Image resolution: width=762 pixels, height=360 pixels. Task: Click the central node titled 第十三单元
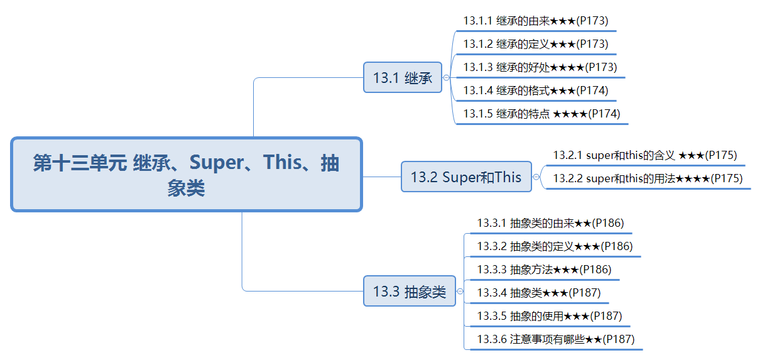[187, 174]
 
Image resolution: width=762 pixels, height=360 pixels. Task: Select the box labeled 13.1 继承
[403, 77]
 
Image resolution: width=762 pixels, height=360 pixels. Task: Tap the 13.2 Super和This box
[466, 177]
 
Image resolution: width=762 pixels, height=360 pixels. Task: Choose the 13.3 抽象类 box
[409, 292]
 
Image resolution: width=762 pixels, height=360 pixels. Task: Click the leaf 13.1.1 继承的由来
[536, 21]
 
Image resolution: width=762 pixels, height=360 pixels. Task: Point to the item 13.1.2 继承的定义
[536, 44]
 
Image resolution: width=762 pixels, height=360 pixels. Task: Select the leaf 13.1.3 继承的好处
[540, 67]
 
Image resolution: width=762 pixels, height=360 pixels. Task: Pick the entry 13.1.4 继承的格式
[536, 90]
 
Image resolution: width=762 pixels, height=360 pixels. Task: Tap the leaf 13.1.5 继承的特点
[542, 114]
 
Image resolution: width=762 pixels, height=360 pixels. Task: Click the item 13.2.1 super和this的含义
[645, 156]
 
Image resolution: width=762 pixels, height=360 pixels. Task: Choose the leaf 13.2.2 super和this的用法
[648, 178]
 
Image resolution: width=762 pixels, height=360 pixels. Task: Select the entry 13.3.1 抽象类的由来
[550, 223]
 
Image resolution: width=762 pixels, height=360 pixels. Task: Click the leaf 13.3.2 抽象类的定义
[555, 246]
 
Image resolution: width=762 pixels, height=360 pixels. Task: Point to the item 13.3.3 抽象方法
[544, 270]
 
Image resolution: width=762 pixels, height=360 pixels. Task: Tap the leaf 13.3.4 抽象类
[539, 293]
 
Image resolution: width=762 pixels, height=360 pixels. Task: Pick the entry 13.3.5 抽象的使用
[550, 316]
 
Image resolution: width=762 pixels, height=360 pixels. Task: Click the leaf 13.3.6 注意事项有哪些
[556, 339]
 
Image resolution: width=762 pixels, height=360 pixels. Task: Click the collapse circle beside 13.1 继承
[446, 78]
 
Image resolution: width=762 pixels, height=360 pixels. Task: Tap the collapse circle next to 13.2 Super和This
[536, 177]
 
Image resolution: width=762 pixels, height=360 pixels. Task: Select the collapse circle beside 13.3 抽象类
[460, 292]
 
